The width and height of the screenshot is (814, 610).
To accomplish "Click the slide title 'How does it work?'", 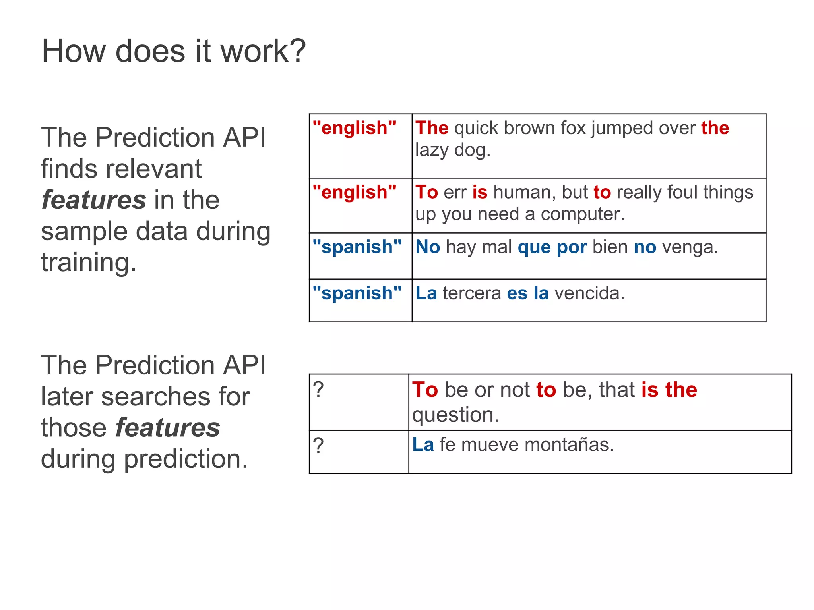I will click(x=174, y=51).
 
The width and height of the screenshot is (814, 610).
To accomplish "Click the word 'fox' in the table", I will click(x=573, y=128).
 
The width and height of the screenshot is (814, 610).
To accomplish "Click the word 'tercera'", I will click(x=471, y=293).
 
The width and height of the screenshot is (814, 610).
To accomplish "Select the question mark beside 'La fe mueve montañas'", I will click(x=318, y=446).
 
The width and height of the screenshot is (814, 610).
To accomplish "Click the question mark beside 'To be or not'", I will click(x=318, y=390).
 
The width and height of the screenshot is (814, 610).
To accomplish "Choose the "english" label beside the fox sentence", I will click(x=355, y=128).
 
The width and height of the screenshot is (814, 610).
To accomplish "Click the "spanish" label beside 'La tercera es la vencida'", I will click(x=357, y=293).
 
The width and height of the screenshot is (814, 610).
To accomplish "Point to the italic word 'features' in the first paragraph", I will click(x=94, y=200).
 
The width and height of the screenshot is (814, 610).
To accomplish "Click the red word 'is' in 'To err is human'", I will click(x=480, y=193).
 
